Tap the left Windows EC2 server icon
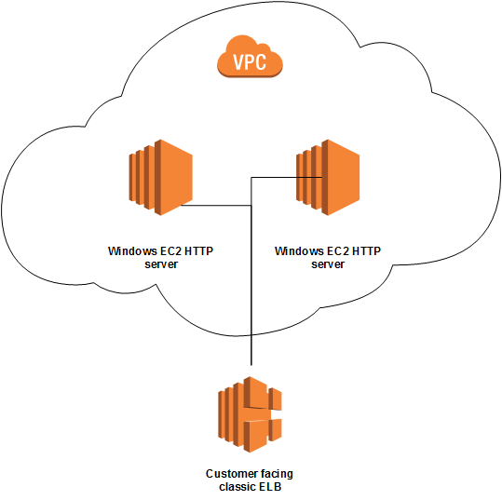[x=159, y=177]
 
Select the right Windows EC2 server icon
[x=327, y=177]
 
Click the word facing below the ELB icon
[x=276, y=473]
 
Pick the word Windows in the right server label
[x=297, y=251]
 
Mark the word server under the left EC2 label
[x=160, y=264]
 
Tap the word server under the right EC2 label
[x=328, y=264]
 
